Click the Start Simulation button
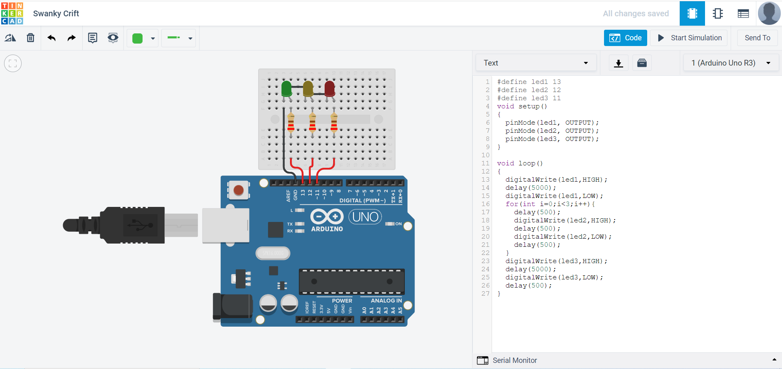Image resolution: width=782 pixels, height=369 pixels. [690, 38]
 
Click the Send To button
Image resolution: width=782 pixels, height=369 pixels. [757, 38]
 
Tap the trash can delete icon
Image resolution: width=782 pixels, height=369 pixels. [31, 38]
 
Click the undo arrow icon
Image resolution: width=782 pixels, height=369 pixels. [51, 38]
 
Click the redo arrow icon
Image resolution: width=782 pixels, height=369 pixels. [72, 38]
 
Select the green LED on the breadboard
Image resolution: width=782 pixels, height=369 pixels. [287, 88]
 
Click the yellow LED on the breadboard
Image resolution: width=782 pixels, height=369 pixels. [308, 88]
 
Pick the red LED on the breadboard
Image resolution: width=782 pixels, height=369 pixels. [329, 88]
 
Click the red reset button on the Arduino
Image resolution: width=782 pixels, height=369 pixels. [239, 190]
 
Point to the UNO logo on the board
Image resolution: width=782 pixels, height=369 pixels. [365, 217]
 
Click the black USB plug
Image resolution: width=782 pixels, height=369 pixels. [122, 225]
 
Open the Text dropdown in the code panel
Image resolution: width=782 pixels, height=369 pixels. [536, 63]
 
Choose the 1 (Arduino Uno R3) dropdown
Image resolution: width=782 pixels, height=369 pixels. [731, 63]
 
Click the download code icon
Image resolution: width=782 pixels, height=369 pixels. [618, 63]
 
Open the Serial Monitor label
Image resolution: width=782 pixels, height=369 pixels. [514, 360]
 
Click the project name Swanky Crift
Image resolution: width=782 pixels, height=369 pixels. [56, 13]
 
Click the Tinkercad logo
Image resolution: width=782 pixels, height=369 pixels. [12, 13]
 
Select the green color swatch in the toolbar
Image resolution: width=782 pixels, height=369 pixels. [138, 38]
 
